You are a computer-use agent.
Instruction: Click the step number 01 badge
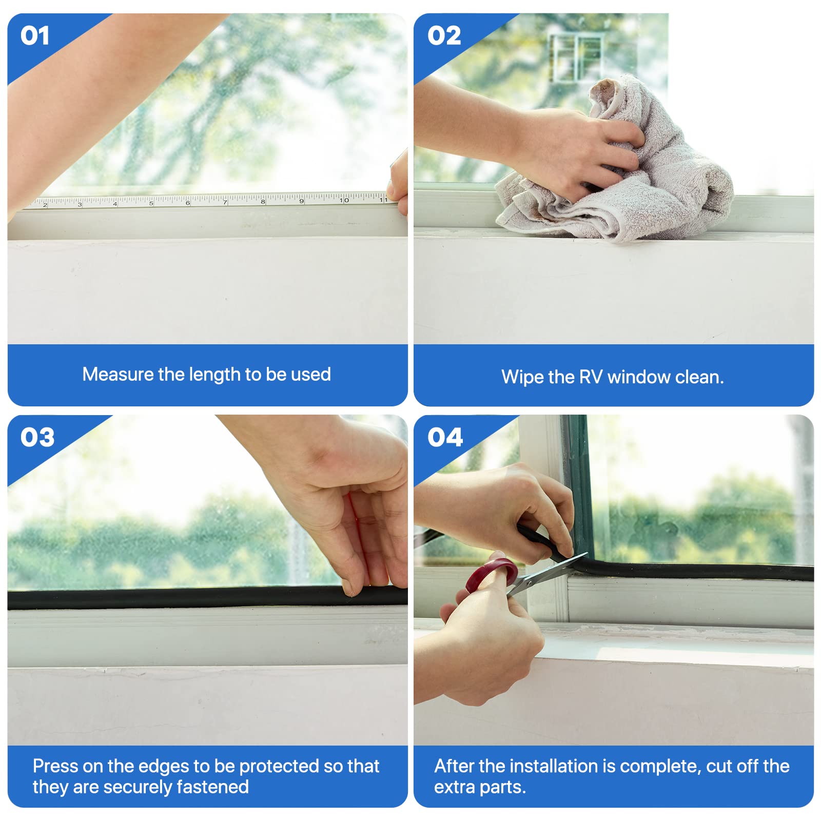point(35,36)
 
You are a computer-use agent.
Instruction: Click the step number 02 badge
point(444,36)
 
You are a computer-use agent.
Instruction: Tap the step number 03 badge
point(37,437)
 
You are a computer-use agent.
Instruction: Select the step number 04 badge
point(445,437)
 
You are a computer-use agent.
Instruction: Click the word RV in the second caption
point(591,377)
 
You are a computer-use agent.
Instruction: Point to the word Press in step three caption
point(55,766)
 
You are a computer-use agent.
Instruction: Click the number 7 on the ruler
point(225,203)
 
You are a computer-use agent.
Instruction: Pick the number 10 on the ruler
point(344,200)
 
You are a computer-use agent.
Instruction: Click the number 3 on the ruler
point(80,204)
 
